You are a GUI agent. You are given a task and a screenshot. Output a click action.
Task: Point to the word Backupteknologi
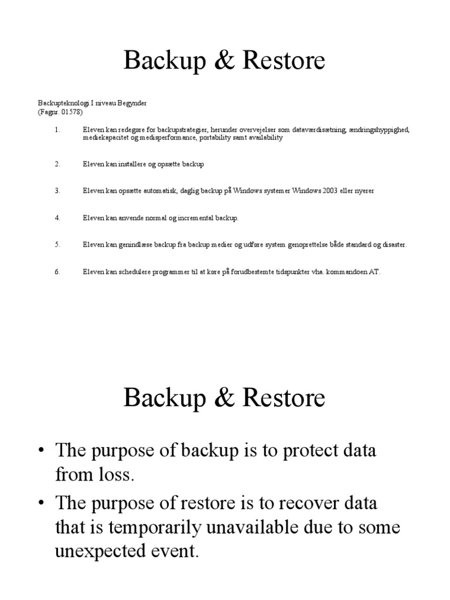[x=63, y=103]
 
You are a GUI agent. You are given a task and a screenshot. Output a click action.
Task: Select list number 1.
[x=57, y=129]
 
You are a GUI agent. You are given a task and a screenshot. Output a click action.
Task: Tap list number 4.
[x=57, y=218]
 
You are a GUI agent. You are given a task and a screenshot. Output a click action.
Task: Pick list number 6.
[x=57, y=272]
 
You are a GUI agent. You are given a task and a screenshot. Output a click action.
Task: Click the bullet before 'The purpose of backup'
[x=42, y=452]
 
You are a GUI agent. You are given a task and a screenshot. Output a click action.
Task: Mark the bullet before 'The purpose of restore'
[x=42, y=503]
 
